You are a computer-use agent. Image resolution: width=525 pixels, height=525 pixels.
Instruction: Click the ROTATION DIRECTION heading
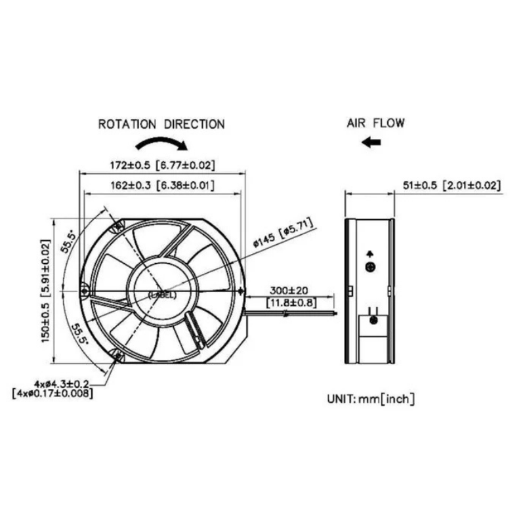(161, 124)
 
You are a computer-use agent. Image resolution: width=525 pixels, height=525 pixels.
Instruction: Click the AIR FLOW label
(375, 123)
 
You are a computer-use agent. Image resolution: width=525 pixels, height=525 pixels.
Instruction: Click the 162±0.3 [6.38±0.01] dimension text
(161, 185)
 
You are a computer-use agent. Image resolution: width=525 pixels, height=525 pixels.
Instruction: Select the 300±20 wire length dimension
(290, 289)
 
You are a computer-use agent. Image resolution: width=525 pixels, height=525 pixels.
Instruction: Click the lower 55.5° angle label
(78, 334)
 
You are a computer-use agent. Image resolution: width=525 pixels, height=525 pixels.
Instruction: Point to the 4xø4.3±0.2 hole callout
(62, 382)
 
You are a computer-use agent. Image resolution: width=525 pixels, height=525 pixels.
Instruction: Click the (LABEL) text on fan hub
(162, 295)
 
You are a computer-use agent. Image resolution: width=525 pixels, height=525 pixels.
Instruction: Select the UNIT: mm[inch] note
(370, 398)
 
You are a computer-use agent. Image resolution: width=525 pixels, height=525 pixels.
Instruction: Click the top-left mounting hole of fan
(118, 227)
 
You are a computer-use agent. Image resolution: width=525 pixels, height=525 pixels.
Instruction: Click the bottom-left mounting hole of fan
(118, 356)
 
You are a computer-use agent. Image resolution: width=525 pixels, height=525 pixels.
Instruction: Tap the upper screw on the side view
(369, 266)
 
